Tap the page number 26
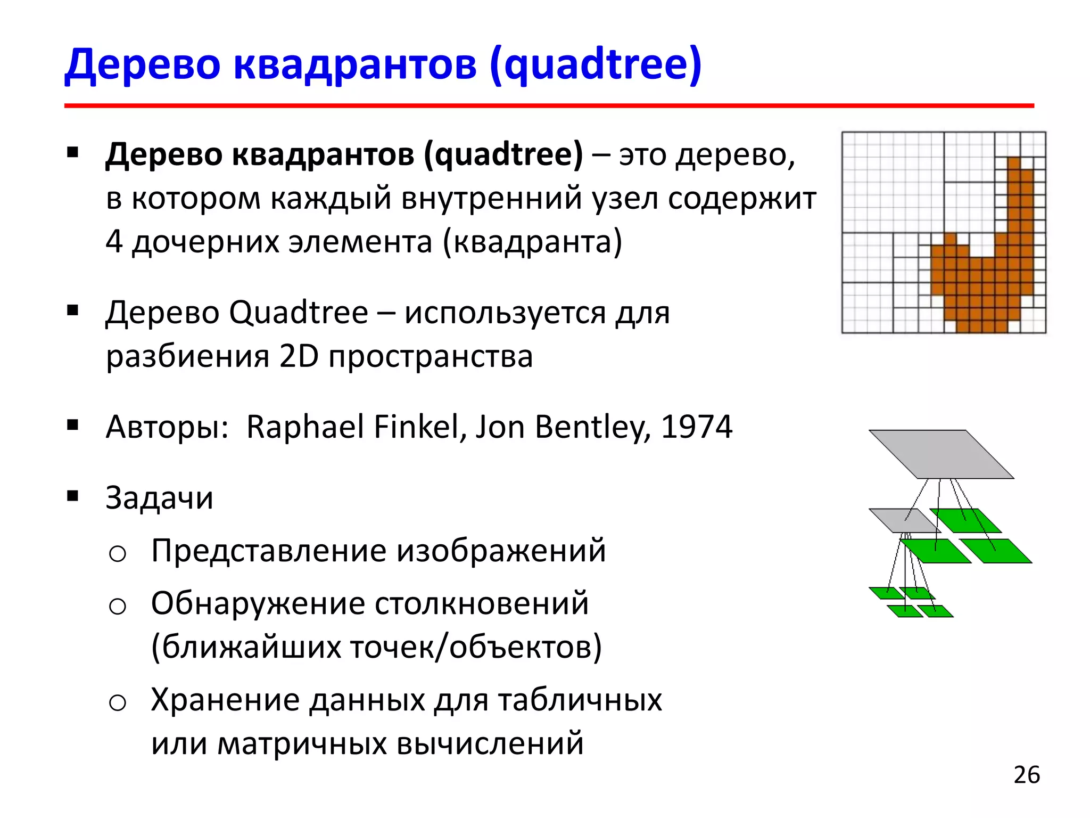pyautogui.click(x=1026, y=775)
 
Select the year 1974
pyautogui.click(x=696, y=427)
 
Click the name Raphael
pyautogui.click(x=304, y=427)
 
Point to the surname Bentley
pyautogui.click(x=592, y=427)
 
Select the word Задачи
pyautogui.click(x=159, y=498)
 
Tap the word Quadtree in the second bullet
pyautogui.click(x=299, y=313)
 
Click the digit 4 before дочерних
pyautogui.click(x=114, y=241)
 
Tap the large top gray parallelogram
pyautogui.click(x=940, y=454)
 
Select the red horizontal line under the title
pyautogui.click(x=548, y=106)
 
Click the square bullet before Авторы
pyautogui.click(x=73, y=425)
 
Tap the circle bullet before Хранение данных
pyautogui.click(x=117, y=702)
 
